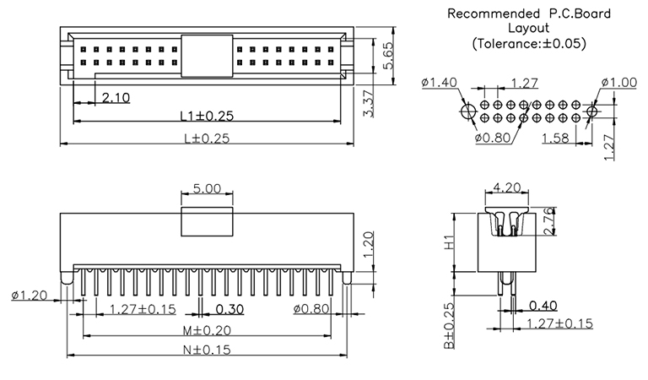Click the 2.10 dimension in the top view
(116, 98)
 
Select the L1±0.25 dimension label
(206, 115)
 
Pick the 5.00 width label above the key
(207, 189)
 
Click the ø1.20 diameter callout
(31, 295)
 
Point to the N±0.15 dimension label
(208, 350)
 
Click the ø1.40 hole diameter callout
(439, 82)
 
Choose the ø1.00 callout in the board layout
(618, 82)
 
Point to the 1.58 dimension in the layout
(553, 138)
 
